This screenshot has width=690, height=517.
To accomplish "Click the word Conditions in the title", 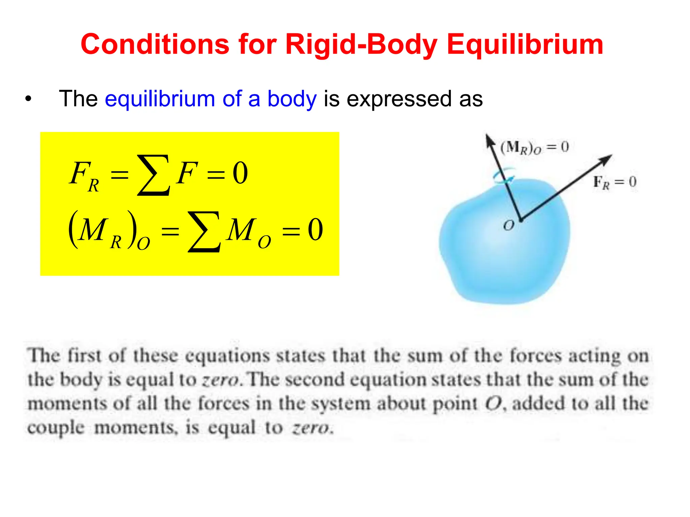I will (x=155, y=44).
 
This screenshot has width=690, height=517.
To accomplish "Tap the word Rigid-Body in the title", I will (x=361, y=45).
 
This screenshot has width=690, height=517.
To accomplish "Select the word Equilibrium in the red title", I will (x=525, y=45).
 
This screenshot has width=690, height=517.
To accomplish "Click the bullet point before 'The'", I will (x=28, y=99).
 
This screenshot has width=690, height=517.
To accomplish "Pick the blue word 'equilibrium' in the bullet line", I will (x=160, y=99).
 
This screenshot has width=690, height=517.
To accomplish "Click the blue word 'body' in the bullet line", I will (x=292, y=99).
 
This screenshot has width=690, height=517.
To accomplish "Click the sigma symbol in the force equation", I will (x=153, y=175).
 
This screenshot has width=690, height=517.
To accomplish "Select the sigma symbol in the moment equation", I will (x=204, y=232).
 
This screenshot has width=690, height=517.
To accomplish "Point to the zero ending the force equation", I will (x=241, y=173).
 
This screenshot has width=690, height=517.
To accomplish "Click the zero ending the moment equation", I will (x=315, y=230).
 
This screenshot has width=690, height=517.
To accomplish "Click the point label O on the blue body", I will (x=508, y=225).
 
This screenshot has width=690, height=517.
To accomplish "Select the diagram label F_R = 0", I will (x=615, y=182).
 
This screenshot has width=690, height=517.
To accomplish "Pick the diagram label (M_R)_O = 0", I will (x=534, y=147).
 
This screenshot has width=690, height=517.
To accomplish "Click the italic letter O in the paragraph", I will (x=493, y=404).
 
